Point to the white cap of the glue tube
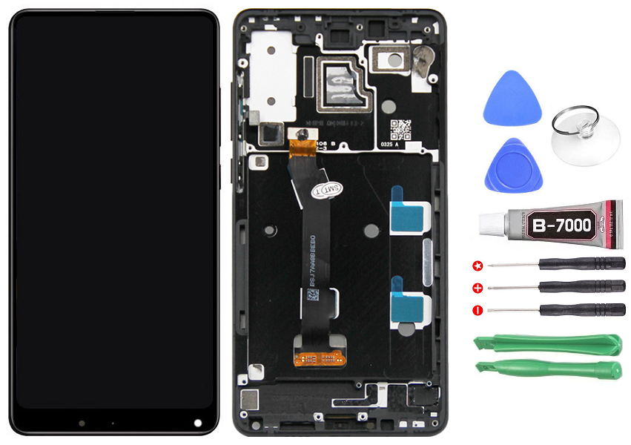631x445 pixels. tap(491, 222)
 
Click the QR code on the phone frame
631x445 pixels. tap(400, 130)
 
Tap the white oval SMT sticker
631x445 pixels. tap(327, 189)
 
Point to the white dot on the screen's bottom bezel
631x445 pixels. tap(198, 423)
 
